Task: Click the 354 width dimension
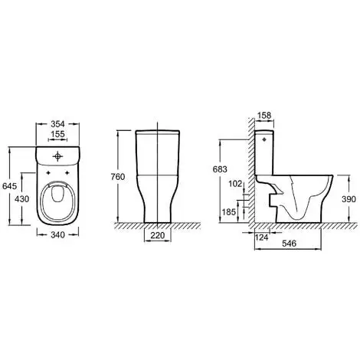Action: point(57,124)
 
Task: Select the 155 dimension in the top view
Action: point(57,134)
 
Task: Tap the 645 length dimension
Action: point(9,186)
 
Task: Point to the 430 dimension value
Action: point(22,199)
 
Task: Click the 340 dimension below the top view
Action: point(57,235)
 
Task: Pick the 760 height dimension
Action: point(118,177)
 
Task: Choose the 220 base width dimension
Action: point(158,235)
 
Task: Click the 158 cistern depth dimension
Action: point(264,116)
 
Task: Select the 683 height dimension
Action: point(220,169)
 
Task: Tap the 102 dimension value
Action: point(235,184)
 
